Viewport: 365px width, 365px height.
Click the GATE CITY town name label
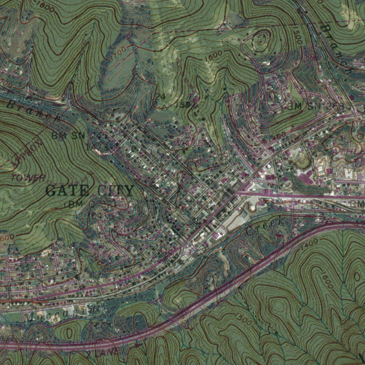point(90,191)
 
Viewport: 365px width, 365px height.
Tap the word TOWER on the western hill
point(29,178)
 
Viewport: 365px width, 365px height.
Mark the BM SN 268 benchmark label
point(316,106)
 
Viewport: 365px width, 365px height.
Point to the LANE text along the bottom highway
point(107,352)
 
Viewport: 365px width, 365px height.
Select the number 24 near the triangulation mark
point(160,96)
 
